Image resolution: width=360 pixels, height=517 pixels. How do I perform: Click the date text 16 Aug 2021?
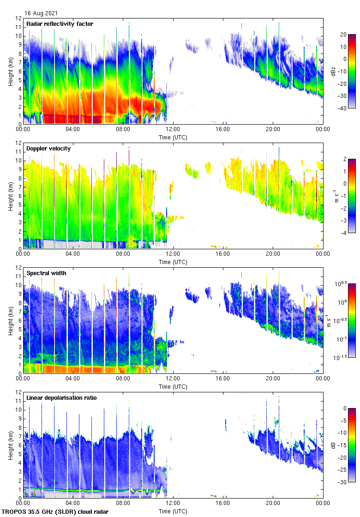point(41,14)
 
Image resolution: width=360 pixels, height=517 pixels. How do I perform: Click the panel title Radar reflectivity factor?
point(60,24)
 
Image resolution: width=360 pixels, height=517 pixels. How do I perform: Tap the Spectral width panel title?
point(47,273)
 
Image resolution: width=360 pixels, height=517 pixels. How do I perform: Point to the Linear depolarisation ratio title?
point(61,397)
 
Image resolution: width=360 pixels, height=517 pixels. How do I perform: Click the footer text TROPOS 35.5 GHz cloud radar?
point(55,512)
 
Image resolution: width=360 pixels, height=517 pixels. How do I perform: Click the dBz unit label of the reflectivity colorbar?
point(333,71)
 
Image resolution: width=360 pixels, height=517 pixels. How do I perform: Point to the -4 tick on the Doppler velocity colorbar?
point(344,233)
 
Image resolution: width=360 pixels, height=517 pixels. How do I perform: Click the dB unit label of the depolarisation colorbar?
point(333,445)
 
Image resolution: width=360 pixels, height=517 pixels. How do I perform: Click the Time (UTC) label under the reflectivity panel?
point(173,138)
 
